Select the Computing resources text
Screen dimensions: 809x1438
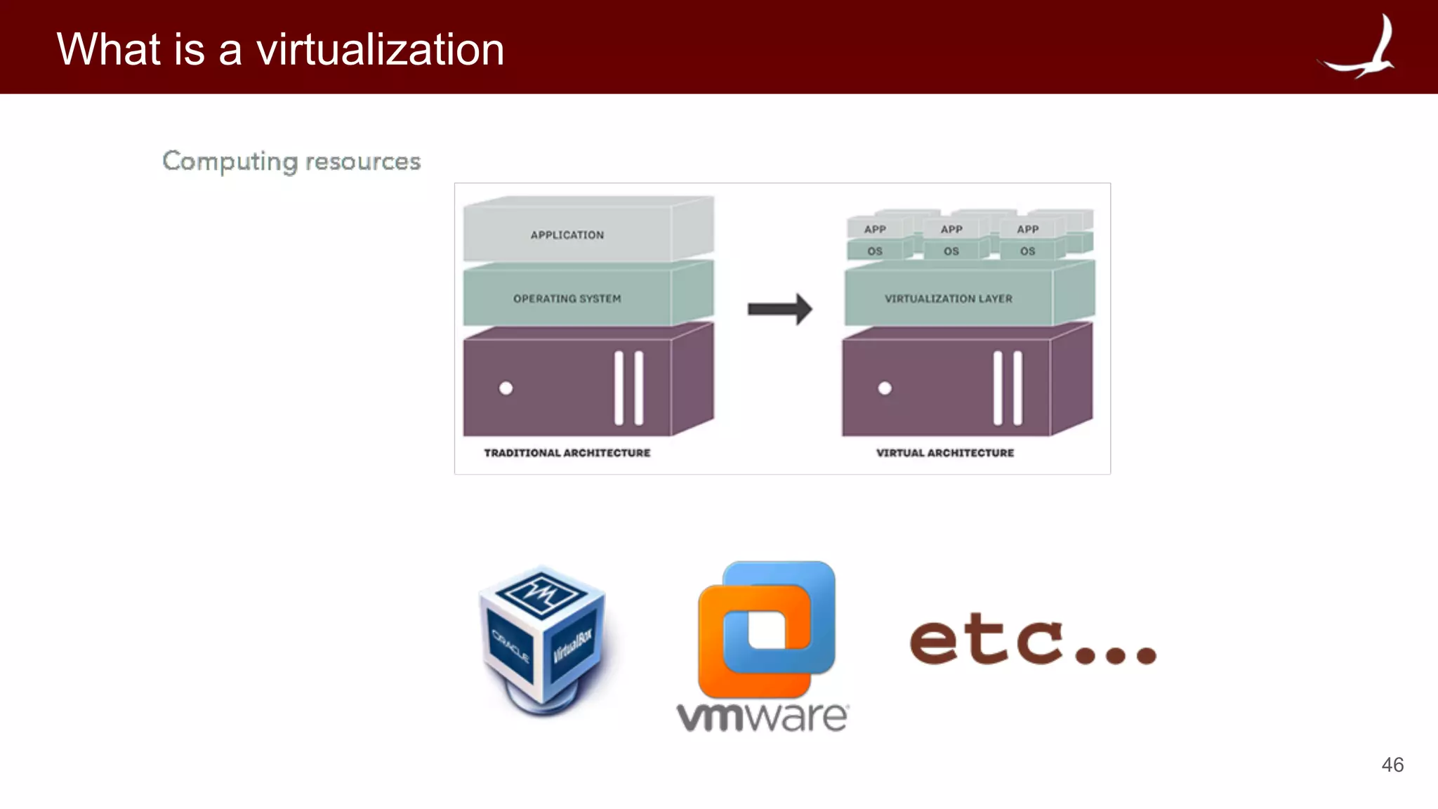[x=291, y=162]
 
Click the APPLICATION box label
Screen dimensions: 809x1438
[x=567, y=235]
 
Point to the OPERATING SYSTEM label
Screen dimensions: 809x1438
[x=567, y=298]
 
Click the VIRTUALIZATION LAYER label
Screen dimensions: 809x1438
[x=948, y=298]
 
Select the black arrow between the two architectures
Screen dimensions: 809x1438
[x=779, y=309]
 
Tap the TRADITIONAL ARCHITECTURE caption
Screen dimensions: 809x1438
[x=567, y=453]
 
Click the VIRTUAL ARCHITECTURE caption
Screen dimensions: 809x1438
[x=944, y=453]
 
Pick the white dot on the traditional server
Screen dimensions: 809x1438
[x=506, y=388]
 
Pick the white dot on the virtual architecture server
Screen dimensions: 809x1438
[x=885, y=388]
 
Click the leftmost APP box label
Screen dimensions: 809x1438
[x=875, y=230]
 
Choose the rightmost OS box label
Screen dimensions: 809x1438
[x=1027, y=251]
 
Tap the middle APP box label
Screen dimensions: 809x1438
[x=951, y=230]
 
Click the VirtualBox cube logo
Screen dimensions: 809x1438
[x=543, y=639]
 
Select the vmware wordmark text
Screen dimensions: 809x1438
[x=762, y=716]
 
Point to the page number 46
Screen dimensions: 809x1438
[x=1392, y=765]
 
